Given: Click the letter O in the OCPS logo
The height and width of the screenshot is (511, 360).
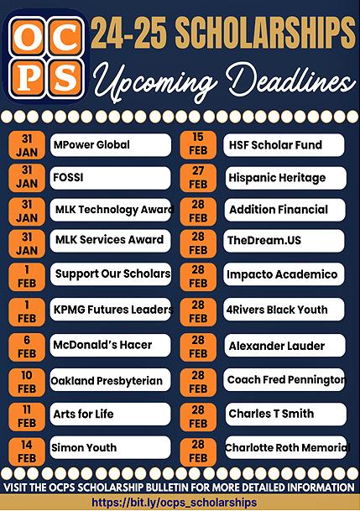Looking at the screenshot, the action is [x=27, y=39].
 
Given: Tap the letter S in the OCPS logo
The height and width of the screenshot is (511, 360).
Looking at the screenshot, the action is [x=65, y=78].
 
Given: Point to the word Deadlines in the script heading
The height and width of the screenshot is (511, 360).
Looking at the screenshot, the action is [x=291, y=79].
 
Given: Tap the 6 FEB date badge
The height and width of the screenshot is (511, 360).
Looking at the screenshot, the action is [x=27, y=347].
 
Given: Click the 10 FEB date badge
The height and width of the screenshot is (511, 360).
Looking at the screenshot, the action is [x=27, y=382].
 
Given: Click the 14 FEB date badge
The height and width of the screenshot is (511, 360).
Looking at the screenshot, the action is [x=27, y=451].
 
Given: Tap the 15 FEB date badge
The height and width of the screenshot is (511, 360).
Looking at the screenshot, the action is [x=198, y=144].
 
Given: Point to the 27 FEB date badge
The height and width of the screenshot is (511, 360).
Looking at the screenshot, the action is [x=198, y=178].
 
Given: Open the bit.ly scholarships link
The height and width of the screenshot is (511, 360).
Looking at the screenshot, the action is [x=174, y=503].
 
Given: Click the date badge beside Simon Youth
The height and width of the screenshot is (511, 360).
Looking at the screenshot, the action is [x=27, y=451].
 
